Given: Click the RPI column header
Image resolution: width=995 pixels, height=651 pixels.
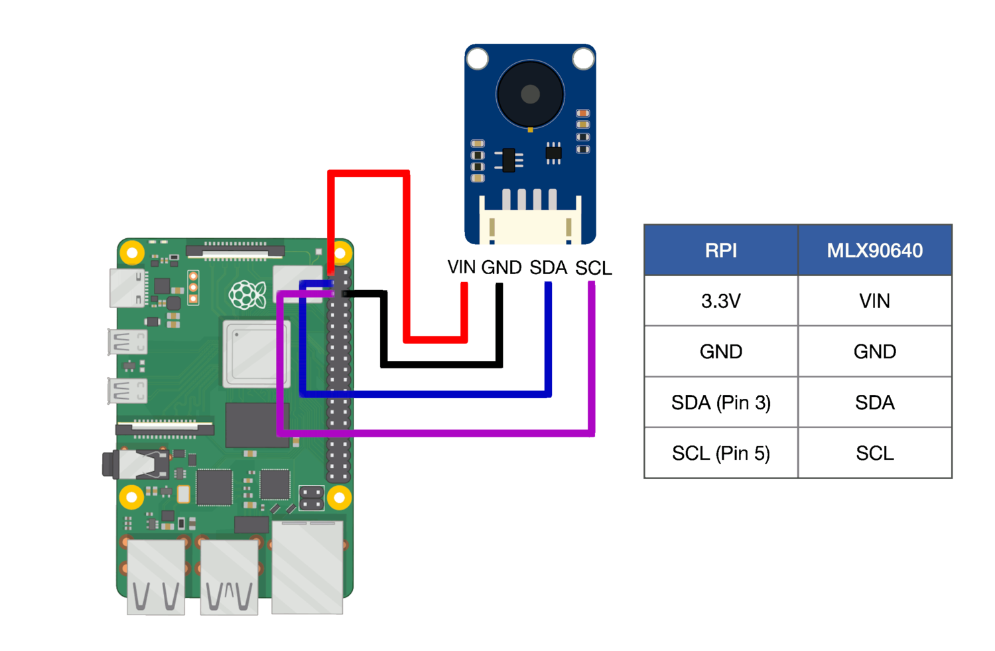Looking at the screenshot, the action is coord(721,250).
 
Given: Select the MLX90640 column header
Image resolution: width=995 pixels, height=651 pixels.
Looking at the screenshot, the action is coord(875,250).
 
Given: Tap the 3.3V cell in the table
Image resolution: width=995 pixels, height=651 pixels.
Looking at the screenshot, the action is coord(721,301).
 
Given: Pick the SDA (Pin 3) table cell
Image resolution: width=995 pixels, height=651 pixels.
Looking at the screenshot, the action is coord(721,402).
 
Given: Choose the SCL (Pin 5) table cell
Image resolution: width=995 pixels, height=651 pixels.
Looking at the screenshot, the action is coord(721,453).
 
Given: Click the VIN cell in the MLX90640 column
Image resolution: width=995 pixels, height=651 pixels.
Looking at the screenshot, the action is coord(875,301).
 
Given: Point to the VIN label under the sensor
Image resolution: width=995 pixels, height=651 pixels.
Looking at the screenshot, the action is coord(462,267).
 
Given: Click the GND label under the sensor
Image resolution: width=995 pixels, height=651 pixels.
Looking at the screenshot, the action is coord(501,267).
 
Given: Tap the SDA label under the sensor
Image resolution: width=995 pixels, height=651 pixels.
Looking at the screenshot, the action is coord(549,267).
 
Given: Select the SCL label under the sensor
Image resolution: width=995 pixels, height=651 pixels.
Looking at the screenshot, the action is coord(594,268).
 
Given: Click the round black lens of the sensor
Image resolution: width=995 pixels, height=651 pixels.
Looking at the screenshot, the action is coord(530,94).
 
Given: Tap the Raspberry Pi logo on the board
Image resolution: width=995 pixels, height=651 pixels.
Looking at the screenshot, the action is coord(247,295).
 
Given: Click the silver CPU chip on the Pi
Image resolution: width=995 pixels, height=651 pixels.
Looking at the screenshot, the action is coord(257,353).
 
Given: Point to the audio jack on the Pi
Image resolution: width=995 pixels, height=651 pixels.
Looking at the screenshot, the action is coord(135,465).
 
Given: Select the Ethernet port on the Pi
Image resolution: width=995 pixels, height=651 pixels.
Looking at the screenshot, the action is coord(307,567).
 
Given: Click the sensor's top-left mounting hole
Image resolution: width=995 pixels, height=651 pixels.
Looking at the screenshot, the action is coord(478,58).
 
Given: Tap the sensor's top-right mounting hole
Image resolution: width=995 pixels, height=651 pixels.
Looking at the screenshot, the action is coord(583,58).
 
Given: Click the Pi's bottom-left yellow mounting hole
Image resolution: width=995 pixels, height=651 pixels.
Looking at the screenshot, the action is coord(131,497).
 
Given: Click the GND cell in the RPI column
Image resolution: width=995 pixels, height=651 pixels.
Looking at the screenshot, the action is coord(721,352).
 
